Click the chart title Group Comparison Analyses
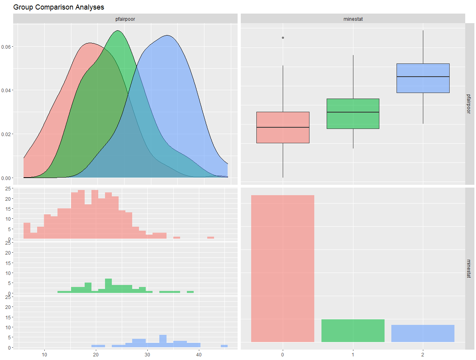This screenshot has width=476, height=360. click(x=59, y=7)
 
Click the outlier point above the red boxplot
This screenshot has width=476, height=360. click(x=283, y=38)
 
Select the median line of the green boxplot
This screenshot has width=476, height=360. click(x=353, y=112)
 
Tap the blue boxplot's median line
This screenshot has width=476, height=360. click(x=423, y=77)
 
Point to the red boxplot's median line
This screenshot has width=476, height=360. click(x=283, y=127)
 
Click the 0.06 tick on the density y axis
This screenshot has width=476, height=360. click(x=6, y=47)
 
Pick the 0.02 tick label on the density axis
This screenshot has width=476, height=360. click(x=6, y=134)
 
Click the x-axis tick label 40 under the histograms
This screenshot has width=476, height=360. click(x=199, y=354)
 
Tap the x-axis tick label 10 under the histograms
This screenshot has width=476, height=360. click(x=44, y=354)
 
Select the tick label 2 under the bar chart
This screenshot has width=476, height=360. click(x=423, y=354)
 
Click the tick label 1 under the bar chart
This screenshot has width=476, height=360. click(x=353, y=354)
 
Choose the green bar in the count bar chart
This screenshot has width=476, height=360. click(x=353, y=330)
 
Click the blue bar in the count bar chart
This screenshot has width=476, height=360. click(x=423, y=333)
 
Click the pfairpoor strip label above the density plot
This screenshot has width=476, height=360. click(x=125, y=19)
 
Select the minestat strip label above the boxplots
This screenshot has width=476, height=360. click(x=353, y=19)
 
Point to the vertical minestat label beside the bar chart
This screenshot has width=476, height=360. click(x=470, y=268)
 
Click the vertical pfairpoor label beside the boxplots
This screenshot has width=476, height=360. click(x=470, y=104)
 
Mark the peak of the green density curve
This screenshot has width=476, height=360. click(x=118, y=31)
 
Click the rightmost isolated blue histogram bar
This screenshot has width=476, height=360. click(x=224, y=346)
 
